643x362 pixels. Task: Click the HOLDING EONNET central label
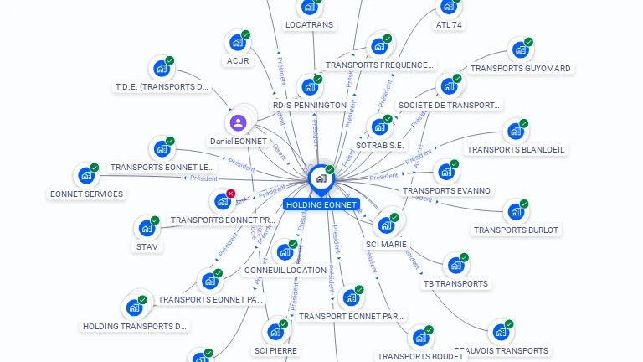321,204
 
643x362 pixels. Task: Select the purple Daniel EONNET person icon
239,123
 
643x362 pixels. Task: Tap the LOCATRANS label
310,25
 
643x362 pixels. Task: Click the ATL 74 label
450,25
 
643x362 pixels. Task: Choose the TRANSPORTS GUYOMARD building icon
520,50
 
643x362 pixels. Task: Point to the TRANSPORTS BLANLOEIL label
516,150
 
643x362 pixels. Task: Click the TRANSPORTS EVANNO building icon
446,173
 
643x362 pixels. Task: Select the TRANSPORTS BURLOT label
516,230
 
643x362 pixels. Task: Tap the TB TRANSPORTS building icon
455,266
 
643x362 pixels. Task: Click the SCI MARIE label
386,245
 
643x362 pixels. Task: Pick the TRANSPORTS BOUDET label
420,356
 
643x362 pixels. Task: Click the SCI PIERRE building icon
275,332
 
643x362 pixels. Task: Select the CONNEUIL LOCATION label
285,271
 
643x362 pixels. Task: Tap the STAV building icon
147,228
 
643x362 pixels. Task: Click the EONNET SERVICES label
86,194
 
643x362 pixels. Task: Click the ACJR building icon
238,42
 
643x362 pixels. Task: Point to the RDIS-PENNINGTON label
310,106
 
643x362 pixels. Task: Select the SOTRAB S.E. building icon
380,127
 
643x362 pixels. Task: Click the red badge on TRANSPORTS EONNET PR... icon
231,194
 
